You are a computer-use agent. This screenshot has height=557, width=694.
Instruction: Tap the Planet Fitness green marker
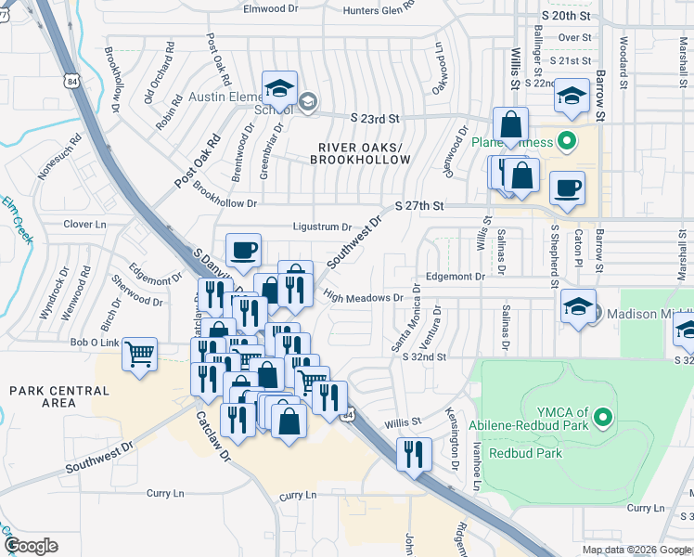pos(566,143)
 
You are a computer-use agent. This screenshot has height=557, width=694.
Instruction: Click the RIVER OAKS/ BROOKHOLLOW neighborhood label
pos(364,154)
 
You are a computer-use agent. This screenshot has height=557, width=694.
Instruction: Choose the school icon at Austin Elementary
pos(279,89)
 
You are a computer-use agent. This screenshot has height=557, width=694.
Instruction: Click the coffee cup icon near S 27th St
pos(566,188)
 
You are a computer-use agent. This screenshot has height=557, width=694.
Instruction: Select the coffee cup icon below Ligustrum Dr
pos(243,250)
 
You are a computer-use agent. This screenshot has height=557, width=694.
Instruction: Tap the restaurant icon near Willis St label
pos(411,452)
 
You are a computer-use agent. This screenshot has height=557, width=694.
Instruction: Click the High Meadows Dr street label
pos(363,298)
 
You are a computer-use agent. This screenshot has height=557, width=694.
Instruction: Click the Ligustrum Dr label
pos(322,227)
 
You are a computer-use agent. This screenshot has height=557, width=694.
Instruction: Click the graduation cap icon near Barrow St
pos(572,96)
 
